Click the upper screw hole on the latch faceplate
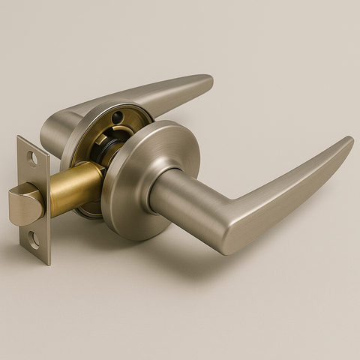click(x=32, y=158)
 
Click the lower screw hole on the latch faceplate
click(x=33, y=240)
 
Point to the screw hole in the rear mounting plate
click(x=118, y=117)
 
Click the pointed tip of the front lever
click(x=349, y=140)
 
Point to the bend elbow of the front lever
click(x=232, y=225)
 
